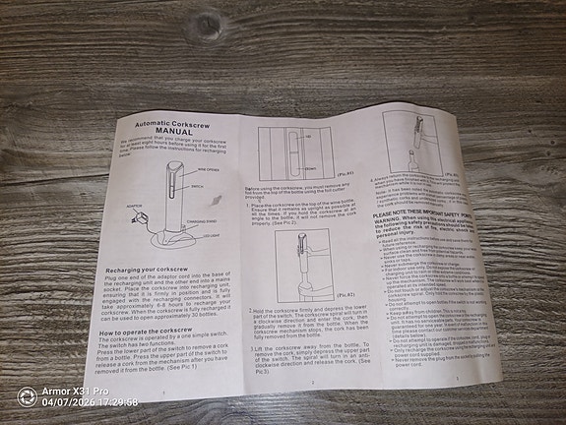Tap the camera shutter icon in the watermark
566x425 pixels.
click(x=27, y=396)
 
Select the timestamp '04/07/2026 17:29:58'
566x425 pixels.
click(x=90, y=403)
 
